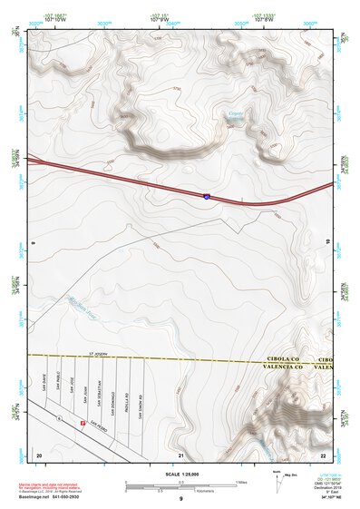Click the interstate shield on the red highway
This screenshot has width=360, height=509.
[x=206, y=195]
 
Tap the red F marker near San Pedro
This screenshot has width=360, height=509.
[x=83, y=423]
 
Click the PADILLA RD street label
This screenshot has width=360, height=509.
[x=127, y=402]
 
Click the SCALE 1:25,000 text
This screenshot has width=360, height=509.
[x=180, y=474]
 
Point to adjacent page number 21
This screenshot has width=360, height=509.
[x=181, y=455]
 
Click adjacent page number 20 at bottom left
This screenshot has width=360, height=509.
[x=39, y=454]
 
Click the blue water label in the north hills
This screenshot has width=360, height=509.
[x=237, y=115]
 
